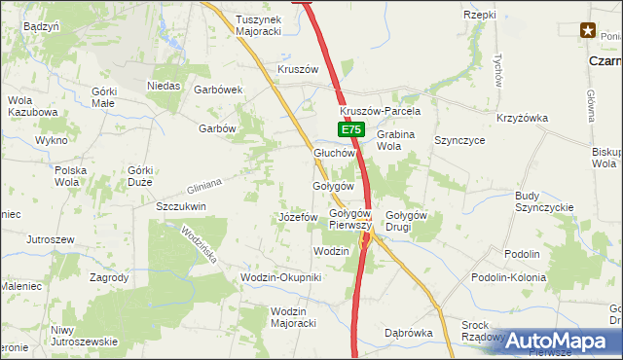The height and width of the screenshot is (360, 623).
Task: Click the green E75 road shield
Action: [x=352, y=129]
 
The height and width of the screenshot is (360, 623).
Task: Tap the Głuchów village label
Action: [x=339, y=153]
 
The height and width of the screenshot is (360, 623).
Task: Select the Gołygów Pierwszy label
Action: [x=351, y=219]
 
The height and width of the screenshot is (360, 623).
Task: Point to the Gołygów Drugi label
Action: [x=407, y=221]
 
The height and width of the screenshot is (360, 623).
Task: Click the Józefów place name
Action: [x=299, y=216]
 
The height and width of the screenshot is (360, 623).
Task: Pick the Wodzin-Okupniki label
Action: [x=280, y=277]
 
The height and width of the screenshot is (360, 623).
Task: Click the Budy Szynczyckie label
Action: [x=544, y=201]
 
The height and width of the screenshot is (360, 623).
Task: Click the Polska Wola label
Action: [x=71, y=175]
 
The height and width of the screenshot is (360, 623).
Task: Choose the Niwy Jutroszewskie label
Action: [x=84, y=336]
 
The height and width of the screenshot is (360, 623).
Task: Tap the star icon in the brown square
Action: [x=589, y=31]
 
